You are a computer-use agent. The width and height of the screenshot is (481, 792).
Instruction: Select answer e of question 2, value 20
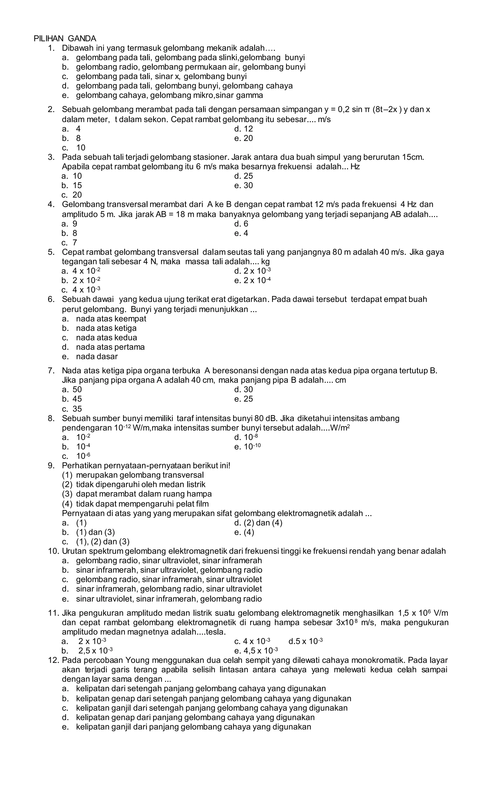[x=244, y=138]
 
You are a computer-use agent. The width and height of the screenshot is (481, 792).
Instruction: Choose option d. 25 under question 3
[x=244, y=176]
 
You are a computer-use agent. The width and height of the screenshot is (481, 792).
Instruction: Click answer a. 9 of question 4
[x=70, y=224]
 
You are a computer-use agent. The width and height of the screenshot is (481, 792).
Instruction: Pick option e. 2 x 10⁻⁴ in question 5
[x=253, y=280]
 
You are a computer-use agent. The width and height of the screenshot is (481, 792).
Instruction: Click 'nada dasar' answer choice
[x=97, y=356]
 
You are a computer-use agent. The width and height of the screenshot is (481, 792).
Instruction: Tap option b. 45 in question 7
[x=72, y=399]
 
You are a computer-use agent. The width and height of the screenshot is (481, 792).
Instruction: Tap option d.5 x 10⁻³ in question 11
[x=306, y=641]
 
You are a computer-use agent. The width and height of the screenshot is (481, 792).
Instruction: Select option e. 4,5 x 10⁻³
[x=256, y=651]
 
